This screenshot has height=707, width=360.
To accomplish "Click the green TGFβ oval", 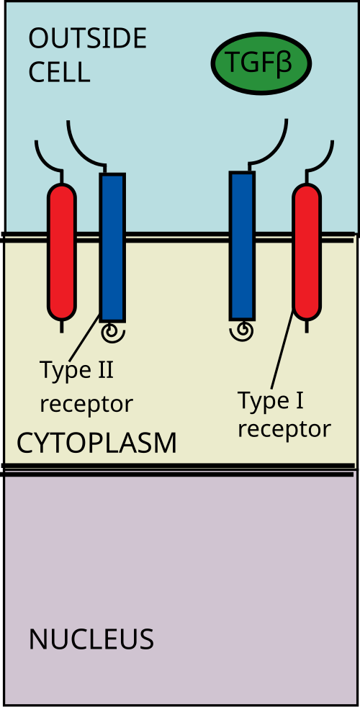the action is point(261,63).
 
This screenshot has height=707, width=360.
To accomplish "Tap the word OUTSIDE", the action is point(88,39).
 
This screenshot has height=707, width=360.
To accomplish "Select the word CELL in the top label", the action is point(59,72).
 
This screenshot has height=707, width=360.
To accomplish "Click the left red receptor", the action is point(62,251).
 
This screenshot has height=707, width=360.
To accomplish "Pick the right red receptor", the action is point(307,251).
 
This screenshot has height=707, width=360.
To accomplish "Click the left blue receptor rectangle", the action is point(112,247).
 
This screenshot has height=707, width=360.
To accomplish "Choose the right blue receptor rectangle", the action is point(242,246).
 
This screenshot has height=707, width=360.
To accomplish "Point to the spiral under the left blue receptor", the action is point(113,333).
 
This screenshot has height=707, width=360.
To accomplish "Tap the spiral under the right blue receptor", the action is point(241,332).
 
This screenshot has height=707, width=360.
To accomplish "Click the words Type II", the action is point(77,371).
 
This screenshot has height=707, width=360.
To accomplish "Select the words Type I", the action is point(270,400).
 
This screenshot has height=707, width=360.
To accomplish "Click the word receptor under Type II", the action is point(86,404).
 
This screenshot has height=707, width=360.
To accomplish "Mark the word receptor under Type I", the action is point(284,429).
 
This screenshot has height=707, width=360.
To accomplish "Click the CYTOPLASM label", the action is point(96,443).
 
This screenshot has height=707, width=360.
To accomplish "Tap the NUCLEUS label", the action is point(91,639).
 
